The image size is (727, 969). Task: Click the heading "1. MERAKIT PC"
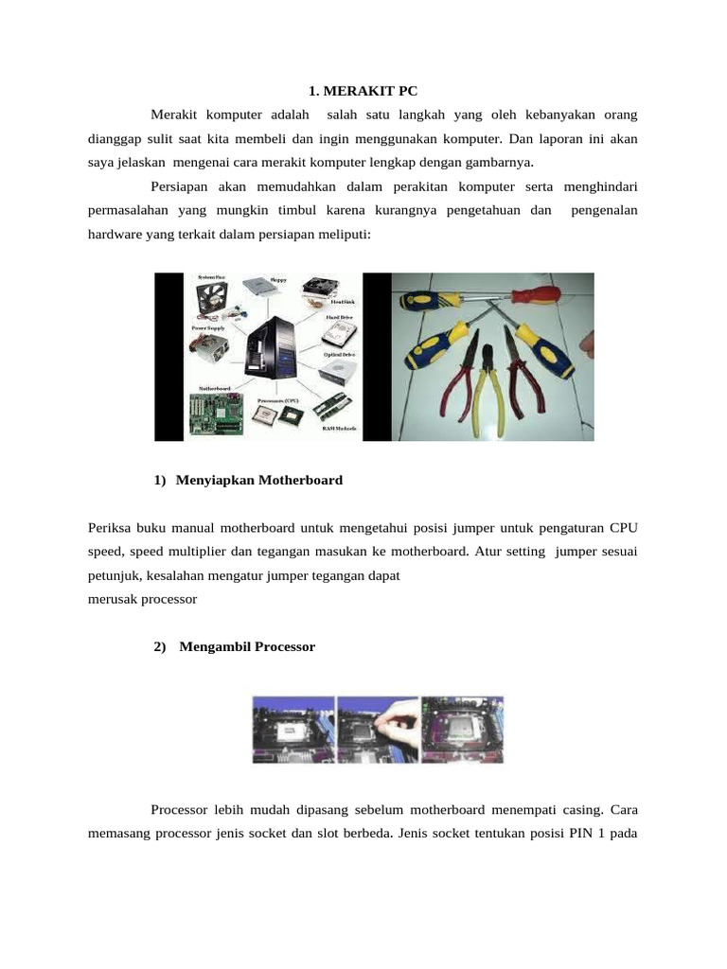click(x=363, y=91)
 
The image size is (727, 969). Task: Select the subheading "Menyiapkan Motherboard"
click(x=258, y=480)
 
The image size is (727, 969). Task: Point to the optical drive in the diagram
click(x=338, y=371)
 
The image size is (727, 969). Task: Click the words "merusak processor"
click(x=142, y=599)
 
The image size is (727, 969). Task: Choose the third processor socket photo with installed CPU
click(x=462, y=729)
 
